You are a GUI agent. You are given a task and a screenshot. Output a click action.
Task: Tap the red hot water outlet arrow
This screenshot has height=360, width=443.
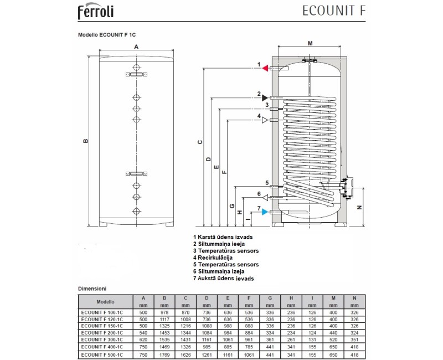[x=265, y=68]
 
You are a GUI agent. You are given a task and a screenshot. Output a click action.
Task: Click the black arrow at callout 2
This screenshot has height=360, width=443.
[x=265, y=97]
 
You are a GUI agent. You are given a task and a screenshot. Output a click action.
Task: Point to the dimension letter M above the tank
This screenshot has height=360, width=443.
[x=310, y=43]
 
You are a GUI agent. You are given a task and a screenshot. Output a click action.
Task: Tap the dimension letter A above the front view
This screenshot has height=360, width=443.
[x=136, y=48]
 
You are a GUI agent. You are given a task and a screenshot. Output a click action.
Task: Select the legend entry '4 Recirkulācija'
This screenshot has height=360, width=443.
[x=213, y=258]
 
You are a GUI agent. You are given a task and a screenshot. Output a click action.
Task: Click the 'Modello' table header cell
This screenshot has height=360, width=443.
[x=105, y=302]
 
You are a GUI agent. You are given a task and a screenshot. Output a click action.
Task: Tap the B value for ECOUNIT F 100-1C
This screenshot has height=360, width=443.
[x=164, y=313]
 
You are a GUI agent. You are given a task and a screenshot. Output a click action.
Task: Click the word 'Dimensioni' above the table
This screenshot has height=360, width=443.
[x=92, y=289]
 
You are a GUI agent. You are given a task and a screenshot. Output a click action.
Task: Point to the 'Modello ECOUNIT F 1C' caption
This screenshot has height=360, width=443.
[x=106, y=34]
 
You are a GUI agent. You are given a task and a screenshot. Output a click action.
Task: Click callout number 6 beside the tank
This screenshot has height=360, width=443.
[x=259, y=193]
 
